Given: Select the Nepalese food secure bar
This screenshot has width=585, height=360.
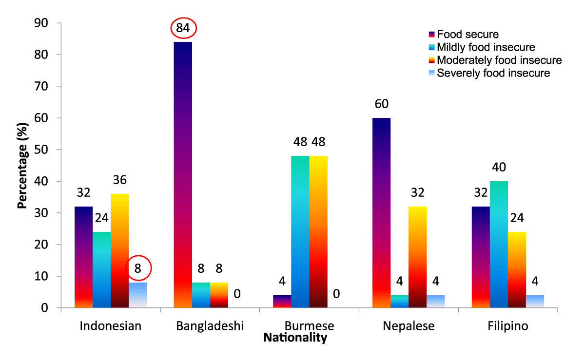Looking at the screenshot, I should pyautogui.click(x=381, y=212).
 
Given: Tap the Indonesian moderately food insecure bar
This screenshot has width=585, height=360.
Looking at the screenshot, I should pyautogui.click(x=119, y=250).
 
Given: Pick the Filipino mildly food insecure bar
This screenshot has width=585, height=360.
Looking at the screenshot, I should pyautogui.click(x=499, y=244).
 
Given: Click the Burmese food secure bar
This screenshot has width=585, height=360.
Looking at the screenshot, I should pyautogui.click(x=282, y=302).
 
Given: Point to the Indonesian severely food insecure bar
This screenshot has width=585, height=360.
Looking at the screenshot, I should pyautogui.click(x=138, y=295).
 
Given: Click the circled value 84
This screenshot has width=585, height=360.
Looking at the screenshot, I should pyautogui.click(x=183, y=29).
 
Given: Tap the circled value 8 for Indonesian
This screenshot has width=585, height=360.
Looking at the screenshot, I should pyautogui.click(x=138, y=267).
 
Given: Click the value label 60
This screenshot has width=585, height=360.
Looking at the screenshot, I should pyautogui.click(x=382, y=104).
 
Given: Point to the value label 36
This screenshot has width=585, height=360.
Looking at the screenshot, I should pyautogui.click(x=120, y=180).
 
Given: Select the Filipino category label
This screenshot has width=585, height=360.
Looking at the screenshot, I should pyautogui.click(x=508, y=326).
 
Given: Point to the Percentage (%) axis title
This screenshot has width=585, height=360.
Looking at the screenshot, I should pyautogui.click(x=22, y=166).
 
